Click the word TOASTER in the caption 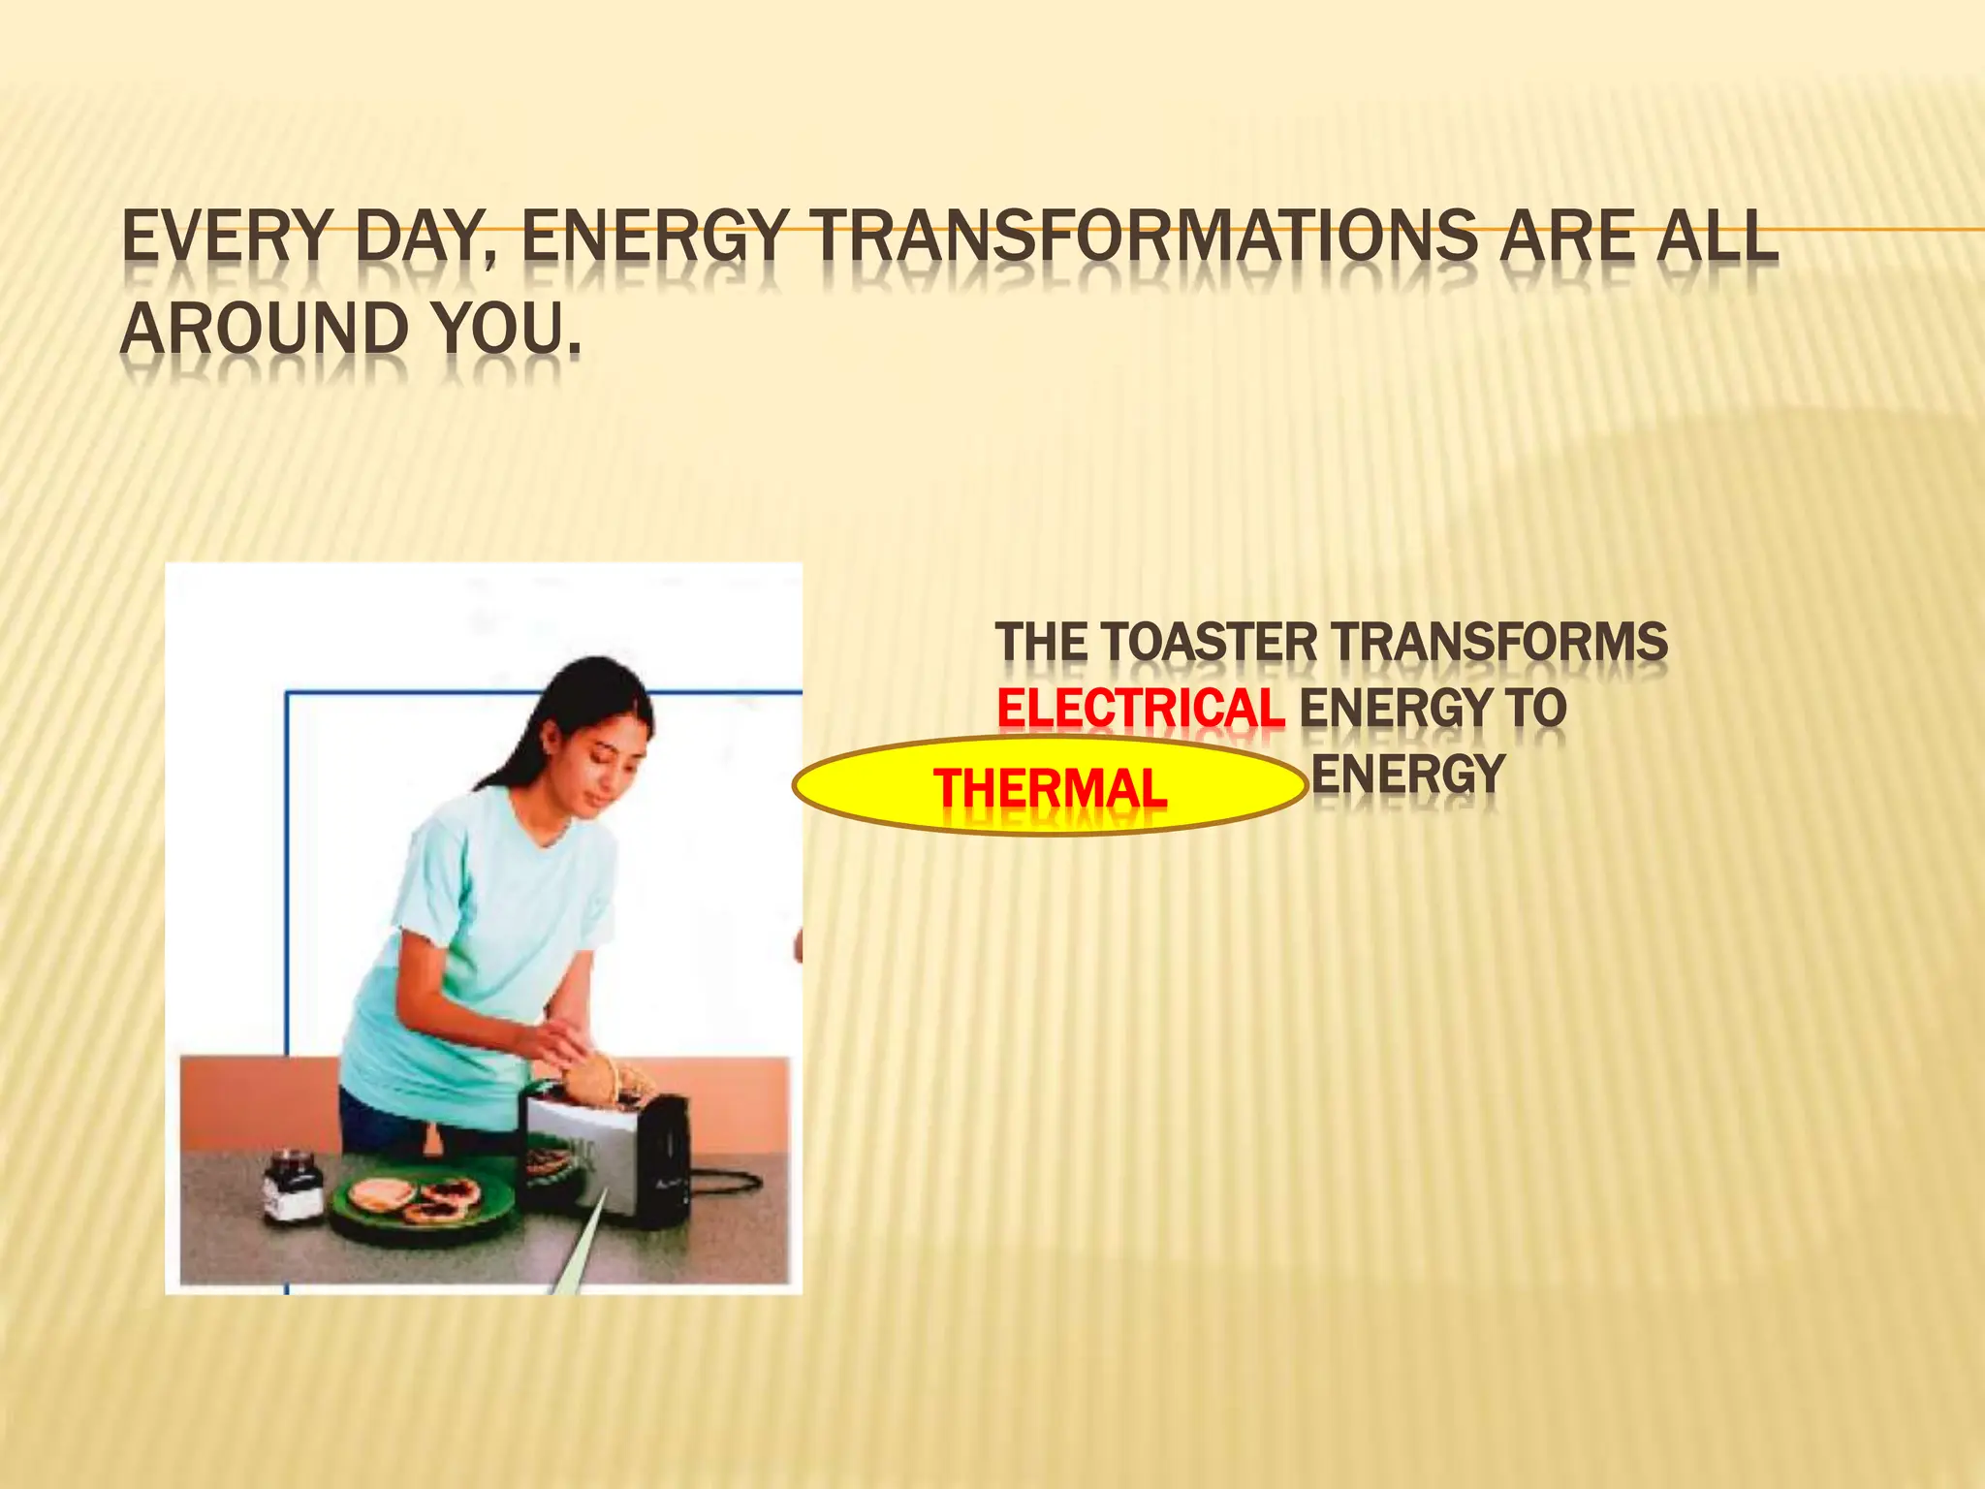click(1210, 642)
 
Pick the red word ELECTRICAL click(1141, 708)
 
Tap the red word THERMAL click(1050, 787)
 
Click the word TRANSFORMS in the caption click(1499, 642)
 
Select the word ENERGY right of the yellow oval click(1407, 774)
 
